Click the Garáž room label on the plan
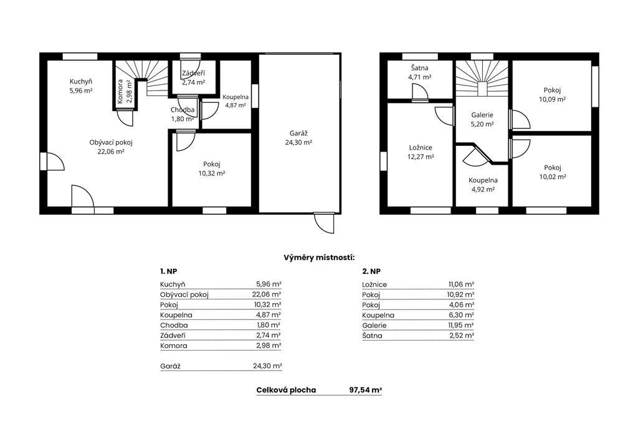click(298, 133)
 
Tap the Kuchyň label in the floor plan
click(80, 82)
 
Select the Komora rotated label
click(120, 92)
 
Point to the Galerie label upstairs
click(482, 115)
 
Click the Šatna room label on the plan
click(419, 68)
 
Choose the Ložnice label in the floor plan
click(421, 148)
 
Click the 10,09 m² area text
click(552, 99)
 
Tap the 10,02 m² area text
click(552, 177)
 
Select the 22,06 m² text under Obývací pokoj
click(111, 152)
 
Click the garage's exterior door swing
click(324, 223)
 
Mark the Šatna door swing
click(419, 92)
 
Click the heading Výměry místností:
click(319, 258)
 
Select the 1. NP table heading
click(168, 272)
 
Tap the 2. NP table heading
click(371, 272)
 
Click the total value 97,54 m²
click(365, 390)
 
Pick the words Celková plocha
click(286, 390)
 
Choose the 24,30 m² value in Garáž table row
click(267, 366)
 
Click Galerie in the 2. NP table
click(374, 326)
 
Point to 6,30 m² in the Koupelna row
click(462, 315)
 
